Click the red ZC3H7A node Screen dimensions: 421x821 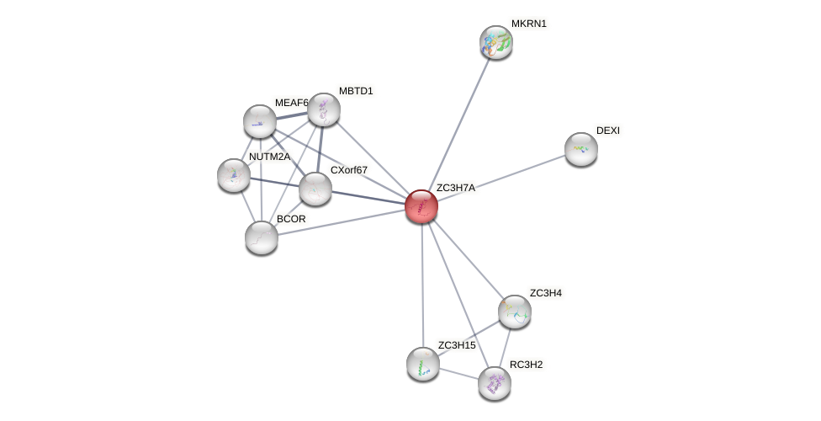point(421,206)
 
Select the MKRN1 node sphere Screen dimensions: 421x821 point(496,42)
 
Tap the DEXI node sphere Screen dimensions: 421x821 point(581,149)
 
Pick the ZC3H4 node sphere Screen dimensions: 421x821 point(514,312)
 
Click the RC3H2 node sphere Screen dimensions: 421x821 point(495,383)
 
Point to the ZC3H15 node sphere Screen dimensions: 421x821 point(423,364)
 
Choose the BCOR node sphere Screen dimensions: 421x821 point(262,237)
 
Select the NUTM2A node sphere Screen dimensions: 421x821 point(233,175)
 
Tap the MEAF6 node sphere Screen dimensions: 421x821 point(260,121)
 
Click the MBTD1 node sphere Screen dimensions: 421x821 point(324,109)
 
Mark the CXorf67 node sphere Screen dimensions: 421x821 point(315,189)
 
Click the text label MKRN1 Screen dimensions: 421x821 point(529,24)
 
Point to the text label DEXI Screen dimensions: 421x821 point(607,131)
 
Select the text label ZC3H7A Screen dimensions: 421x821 point(456,188)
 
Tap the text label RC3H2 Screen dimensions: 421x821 point(527,365)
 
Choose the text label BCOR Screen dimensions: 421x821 point(291,219)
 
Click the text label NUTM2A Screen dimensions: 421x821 point(269,157)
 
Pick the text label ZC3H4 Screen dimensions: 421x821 point(545,293)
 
